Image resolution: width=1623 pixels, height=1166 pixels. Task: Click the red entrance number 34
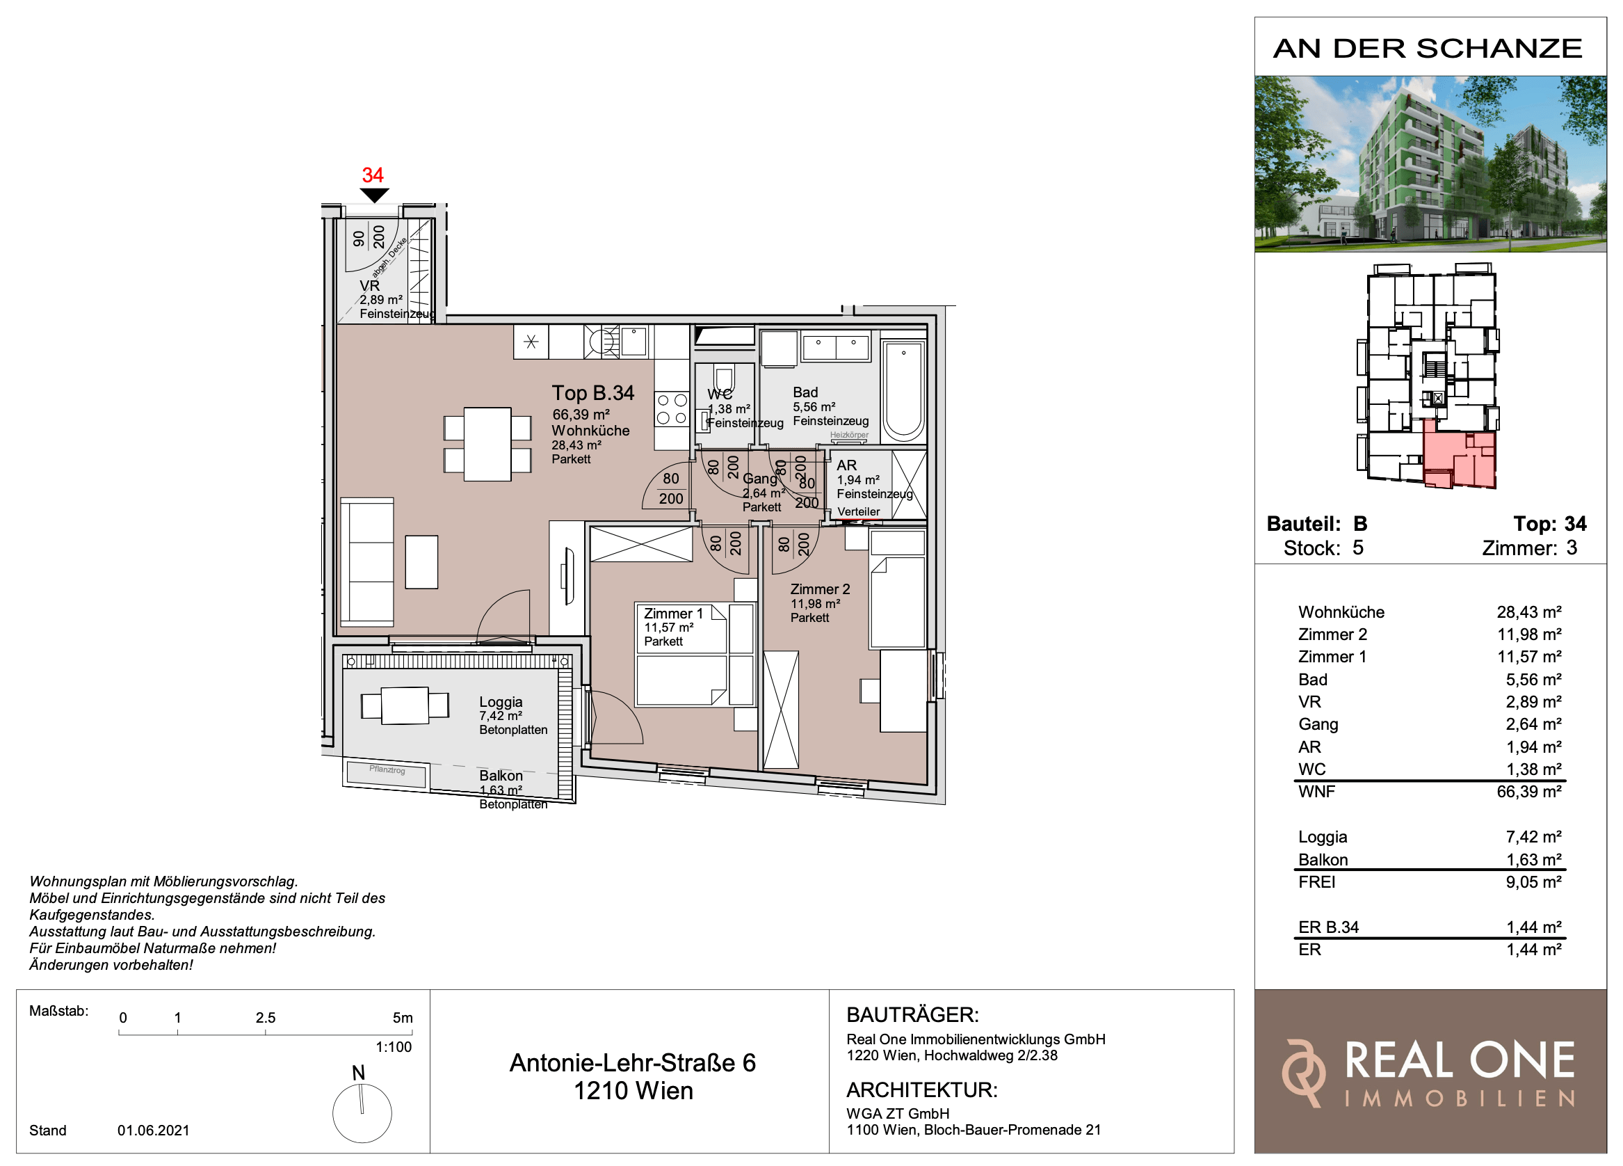[x=372, y=175]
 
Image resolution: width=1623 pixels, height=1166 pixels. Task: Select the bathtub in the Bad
[x=903, y=392]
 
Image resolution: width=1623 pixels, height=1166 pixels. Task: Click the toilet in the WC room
[x=723, y=380]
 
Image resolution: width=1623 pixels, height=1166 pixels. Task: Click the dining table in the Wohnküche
[x=487, y=444]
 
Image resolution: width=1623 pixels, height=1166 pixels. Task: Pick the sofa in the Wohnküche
[x=367, y=563]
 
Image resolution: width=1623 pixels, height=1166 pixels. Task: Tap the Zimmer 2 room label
[x=820, y=589]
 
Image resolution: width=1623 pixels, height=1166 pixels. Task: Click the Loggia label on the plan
[x=501, y=702]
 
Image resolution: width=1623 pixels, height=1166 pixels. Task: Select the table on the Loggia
[x=405, y=705]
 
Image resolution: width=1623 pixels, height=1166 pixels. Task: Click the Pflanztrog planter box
[x=387, y=773]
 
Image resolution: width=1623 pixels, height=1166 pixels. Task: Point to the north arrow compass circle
[x=362, y=1114]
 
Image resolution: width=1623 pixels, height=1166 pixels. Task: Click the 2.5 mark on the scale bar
[x=266, y=1018]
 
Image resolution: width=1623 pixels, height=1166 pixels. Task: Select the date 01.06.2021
[x=153, y=1131]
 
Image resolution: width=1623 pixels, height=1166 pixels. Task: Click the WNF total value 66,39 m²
[x=1528, y=792]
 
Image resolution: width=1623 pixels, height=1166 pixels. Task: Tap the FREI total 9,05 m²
[x=1533, y=882]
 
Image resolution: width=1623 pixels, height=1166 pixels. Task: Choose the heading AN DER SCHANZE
[x=1428, y=49]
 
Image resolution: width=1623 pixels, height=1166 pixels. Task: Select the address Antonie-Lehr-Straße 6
[x=633, y=1063]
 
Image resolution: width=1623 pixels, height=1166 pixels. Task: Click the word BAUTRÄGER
[x=912, y=1015]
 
